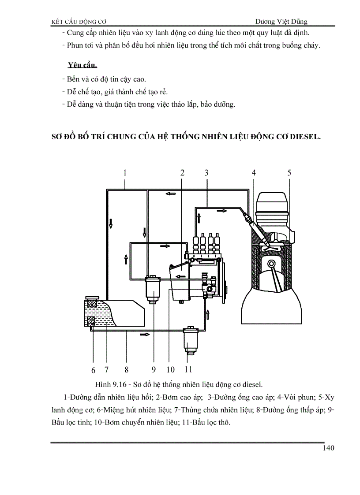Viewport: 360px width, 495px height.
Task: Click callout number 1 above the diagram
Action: pos(125,173)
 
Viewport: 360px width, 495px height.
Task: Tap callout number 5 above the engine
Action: pos(289,173)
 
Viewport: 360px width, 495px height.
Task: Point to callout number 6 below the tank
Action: pos(94,370)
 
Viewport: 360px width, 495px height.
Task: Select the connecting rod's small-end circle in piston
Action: pos(270,266)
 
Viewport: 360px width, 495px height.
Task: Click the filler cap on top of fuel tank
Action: pos(92,298)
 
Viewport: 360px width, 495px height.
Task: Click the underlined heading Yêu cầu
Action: pos(82,65)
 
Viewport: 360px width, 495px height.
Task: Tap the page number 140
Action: pos(329,448)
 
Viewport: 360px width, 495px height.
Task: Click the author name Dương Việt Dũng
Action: pos(281,21)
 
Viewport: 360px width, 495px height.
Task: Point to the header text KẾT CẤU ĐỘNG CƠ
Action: pos(80,21)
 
